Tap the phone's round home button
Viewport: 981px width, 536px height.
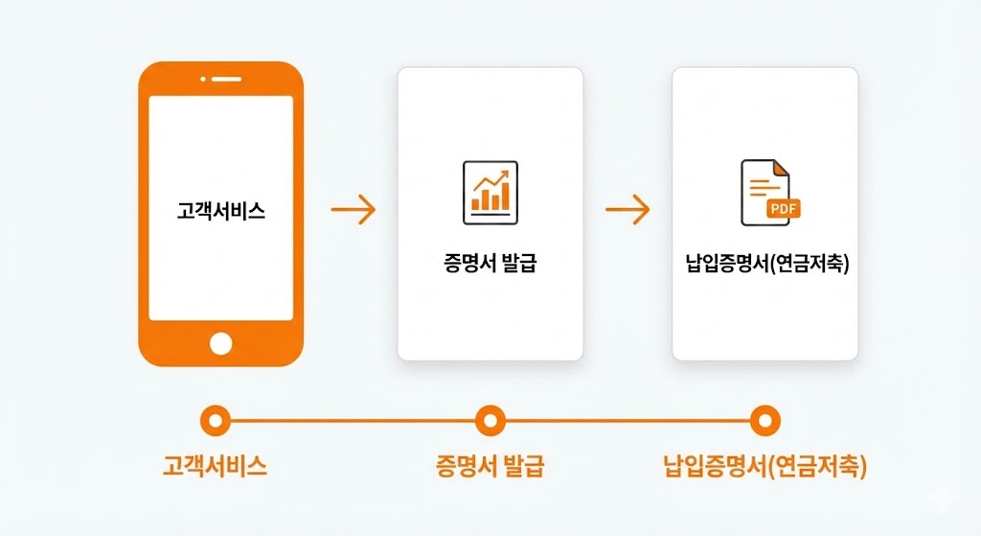click(x=221, y=342)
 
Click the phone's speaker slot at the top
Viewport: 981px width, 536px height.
click(x=226, y=80)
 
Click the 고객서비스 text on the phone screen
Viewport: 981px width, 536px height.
click(x=221, y=210)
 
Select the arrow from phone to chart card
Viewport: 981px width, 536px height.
click(x=353, y=210)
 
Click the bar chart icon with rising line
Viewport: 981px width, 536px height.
click(x=490, y=192)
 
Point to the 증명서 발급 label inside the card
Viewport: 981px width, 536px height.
click(x=490, y=262)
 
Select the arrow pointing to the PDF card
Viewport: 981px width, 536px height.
click(x=627, y=210)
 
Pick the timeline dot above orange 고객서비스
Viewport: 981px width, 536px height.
click(x=215, y=420)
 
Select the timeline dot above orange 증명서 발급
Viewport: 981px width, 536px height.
click(x=490, y=420)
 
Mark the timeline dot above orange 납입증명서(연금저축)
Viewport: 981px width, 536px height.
click(x=764, y=420)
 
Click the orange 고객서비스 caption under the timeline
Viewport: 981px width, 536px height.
click(x=215, y=467)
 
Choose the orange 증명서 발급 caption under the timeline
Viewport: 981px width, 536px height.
click(x=490, y=467)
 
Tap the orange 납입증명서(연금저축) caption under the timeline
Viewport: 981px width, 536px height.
click(x=764, y=467)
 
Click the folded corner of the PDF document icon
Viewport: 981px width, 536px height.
click(x=782, y=168)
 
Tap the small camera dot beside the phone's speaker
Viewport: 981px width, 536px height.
click(x=202, y=80)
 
